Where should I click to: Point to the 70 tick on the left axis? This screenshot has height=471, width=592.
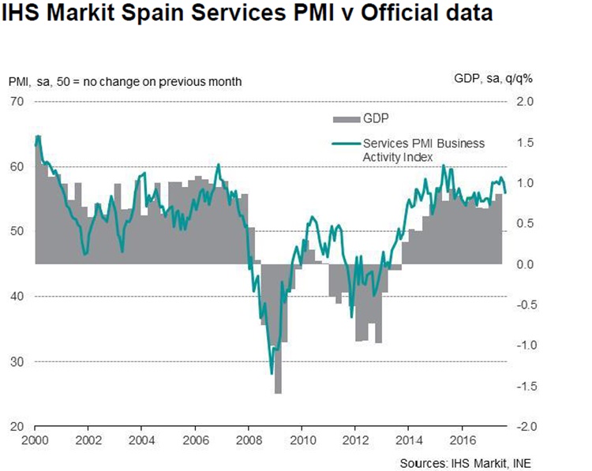click(x=17, y=101)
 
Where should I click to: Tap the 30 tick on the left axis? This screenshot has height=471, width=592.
click(x=17, y=361)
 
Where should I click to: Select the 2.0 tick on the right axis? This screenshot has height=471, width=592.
click(x=525, y=101)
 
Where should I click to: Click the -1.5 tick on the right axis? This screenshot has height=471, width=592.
click(x=523, y=386)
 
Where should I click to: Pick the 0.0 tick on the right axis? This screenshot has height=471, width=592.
click(x=525, y=264)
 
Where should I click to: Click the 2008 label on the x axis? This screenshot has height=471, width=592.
click(x=249, y=440)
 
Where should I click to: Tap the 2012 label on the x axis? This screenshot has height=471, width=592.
click(x=355, y=440)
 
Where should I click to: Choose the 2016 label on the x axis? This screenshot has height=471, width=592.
click(x=463, y=440)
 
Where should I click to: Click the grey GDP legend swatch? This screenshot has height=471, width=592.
click(x=345, y=118)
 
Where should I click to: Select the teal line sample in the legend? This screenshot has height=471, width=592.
click(x=345, y=143)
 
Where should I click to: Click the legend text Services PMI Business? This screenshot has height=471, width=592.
click(x=424, y=143)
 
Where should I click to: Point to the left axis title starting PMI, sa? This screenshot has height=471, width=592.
click(x=125, y=81)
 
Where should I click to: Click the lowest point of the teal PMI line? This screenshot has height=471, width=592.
click(x=272, y=373)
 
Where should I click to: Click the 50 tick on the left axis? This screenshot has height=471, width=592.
click(x=17, y=231)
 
